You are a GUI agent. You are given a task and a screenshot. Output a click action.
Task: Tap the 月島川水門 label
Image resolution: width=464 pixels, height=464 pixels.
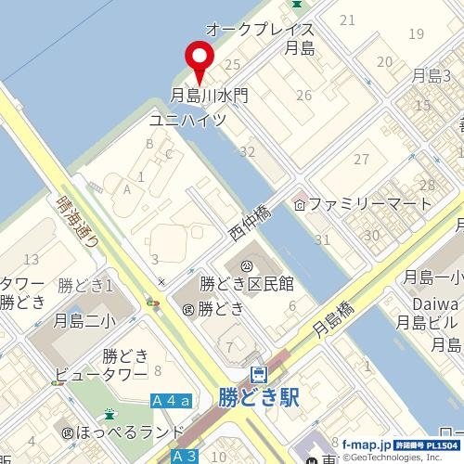click(209, 95)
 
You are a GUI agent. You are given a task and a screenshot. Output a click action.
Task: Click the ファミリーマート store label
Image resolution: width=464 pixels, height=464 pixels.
click(370, 203)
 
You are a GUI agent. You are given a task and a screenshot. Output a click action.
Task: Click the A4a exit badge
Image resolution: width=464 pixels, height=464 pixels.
click(171, 400)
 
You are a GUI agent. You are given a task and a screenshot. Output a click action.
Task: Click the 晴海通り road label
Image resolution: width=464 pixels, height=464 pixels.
click(71, 221)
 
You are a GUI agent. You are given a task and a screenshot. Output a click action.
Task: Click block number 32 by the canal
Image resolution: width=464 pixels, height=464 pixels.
click(247, 151)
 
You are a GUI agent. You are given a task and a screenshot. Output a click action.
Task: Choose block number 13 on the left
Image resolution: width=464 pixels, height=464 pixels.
click(32, 259)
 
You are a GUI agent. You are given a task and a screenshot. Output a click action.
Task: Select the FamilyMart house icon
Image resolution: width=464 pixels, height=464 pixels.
click(300, 203)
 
